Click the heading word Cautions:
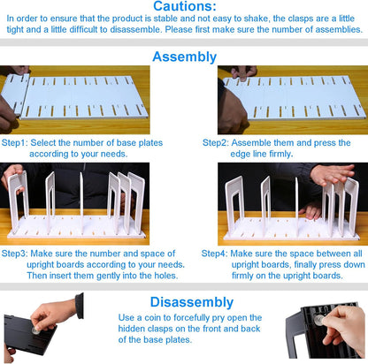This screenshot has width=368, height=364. click(184, 7)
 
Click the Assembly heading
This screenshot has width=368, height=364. click(184, 57)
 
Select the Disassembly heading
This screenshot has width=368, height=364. click(184, 299)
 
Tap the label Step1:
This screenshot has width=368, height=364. click(14, 141)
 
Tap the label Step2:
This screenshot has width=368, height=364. click(217, 141)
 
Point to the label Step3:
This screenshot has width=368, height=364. click(14, 252)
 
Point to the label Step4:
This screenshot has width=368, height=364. click(217, 252)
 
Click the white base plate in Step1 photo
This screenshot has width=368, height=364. click(84, 97)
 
